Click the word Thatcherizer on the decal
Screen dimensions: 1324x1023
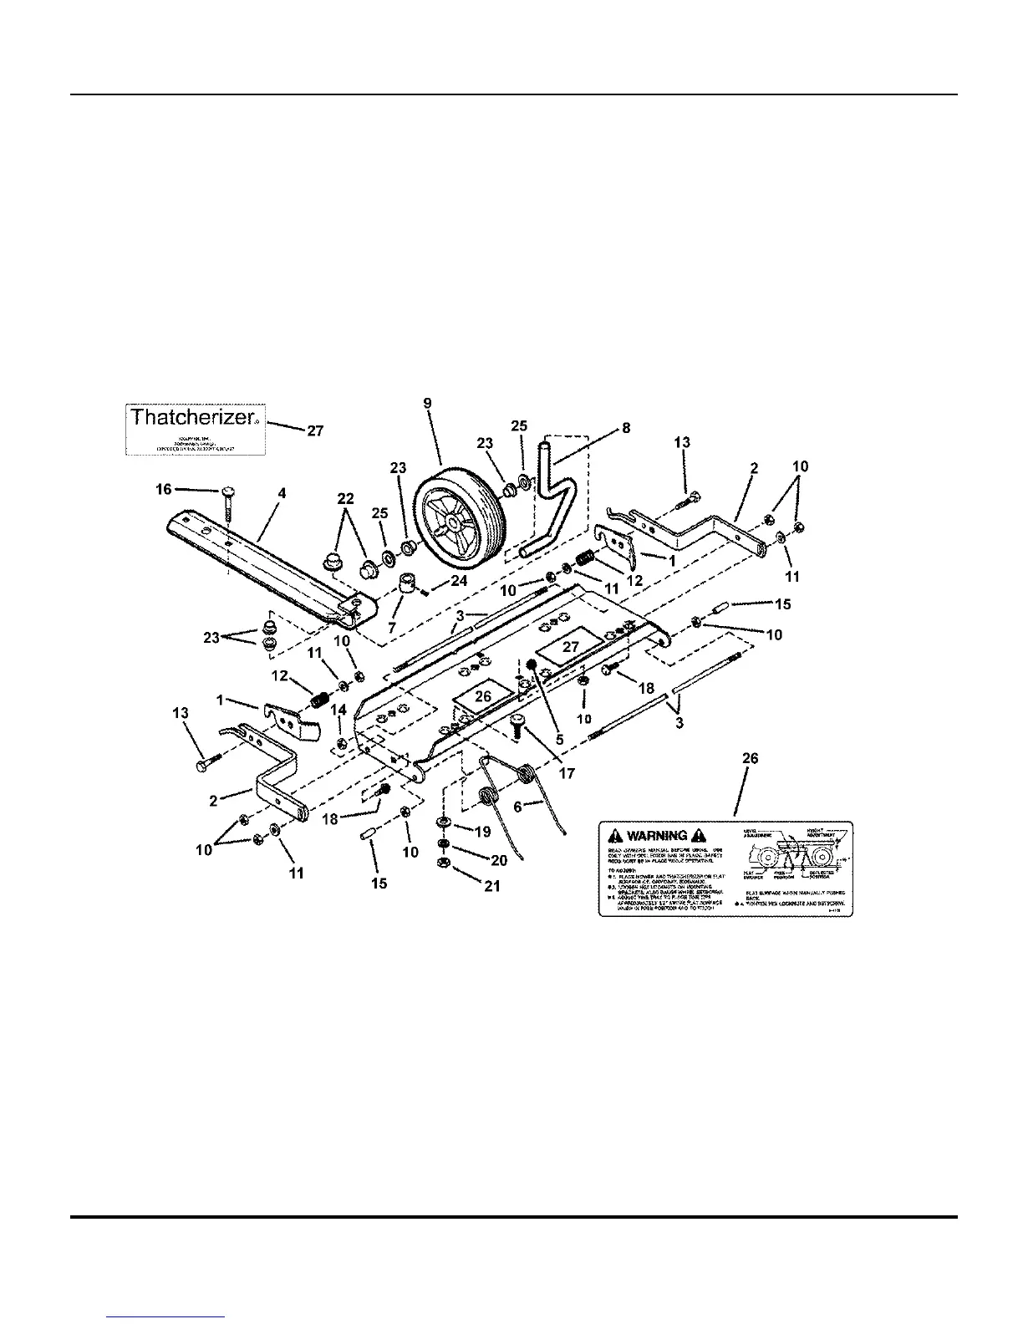[x=190, y=416]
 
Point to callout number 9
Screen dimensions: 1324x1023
[x=428, y=403]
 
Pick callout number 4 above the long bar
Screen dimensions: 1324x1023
[x=282, y=494]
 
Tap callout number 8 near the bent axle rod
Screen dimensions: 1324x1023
[x=625, y=428]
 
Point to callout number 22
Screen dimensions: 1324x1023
[x=345, y=499]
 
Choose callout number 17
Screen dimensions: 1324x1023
[x=567, y=773]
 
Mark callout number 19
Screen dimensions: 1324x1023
[x=483, y=832]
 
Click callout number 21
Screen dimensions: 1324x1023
[x=491, y=885]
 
